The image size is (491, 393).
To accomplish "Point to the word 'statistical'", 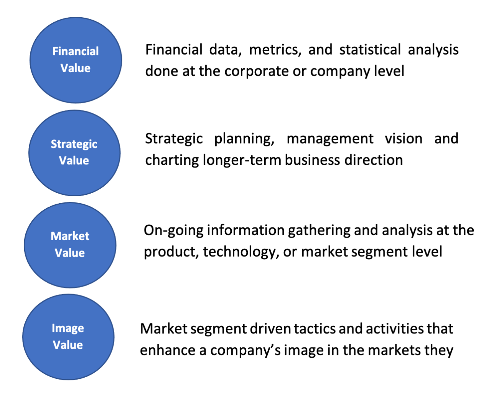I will (x=370, y=50).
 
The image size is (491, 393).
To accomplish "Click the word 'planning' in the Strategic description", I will (x=244, y=139).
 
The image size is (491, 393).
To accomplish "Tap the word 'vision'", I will (x=404, y=139).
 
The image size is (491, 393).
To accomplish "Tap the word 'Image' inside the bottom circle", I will (x=68, y=328).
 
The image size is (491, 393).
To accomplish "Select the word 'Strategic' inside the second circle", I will (x=74, y=144).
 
